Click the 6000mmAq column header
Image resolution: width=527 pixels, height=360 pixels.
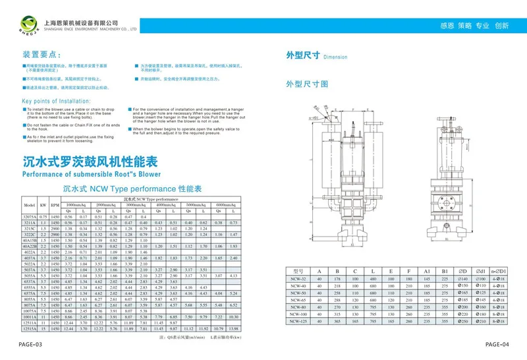click(x=226, y=204)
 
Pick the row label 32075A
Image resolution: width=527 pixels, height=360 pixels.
click(x=30, y=216)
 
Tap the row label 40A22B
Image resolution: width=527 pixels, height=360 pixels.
click(x=30, y=246)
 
